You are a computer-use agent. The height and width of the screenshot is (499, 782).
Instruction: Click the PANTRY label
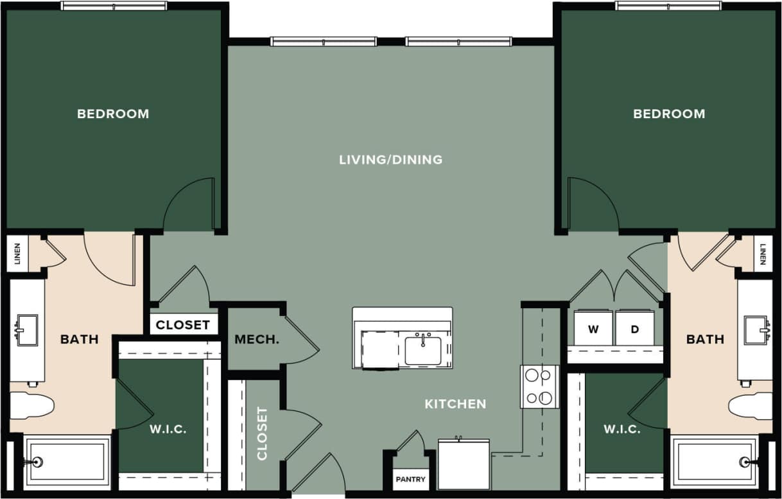pyautogui.click(x=410, y=480)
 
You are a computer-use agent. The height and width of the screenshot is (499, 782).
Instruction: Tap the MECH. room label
pyautogui.click(x=257, y=340)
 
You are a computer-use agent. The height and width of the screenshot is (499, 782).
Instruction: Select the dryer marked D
pyautogui.click(x=635, y=329)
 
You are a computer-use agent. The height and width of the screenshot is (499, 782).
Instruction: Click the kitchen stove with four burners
pyautogui.click(x=539, y=387)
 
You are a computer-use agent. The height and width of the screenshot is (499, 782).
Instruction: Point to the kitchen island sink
pyautogui.click(x=423, y=349)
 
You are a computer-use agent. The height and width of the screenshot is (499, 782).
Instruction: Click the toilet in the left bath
pyautogui.click(x=31, y=406)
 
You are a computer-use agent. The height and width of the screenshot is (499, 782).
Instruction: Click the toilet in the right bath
pyautogui.click(x=751, y=406)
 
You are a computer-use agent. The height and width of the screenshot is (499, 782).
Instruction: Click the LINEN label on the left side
pyautogui.click(x=17, y=254)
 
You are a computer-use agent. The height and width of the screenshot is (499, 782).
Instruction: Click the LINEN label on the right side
pyautogui.click(x=763, y=254)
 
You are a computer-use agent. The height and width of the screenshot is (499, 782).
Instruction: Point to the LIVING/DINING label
pyautogui.click(x=390, y=159)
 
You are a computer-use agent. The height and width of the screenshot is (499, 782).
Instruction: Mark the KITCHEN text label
pyautogui.click(x=455, y=404)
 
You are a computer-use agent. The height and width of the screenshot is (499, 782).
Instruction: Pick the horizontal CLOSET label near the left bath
pyautogui.click(x=183, y=325)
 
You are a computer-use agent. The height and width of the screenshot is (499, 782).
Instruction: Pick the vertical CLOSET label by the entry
pyautogui.click(x=262, y=433)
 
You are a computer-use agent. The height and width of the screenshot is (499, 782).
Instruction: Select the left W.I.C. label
pyautogui.click(x=169, y=429)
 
